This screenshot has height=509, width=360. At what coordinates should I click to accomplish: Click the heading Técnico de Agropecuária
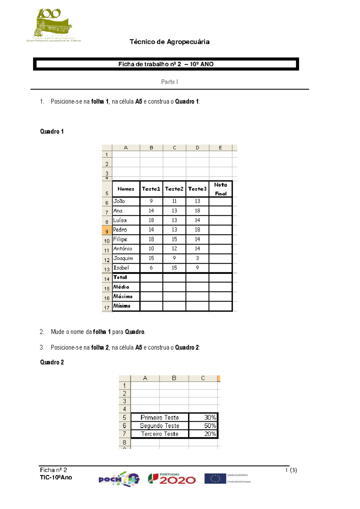click(169, 42)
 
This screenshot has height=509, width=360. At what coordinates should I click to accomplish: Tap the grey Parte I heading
click(169, 82)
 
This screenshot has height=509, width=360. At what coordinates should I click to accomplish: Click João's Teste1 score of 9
click(151, 201)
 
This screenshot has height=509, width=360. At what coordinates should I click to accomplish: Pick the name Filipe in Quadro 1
click(120, 239)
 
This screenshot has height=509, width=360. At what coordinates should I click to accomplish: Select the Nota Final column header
click(220, 189)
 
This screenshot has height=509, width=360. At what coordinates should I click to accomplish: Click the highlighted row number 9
click(107, 231)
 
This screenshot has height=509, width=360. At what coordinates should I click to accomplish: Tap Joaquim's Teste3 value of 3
click(197, 258)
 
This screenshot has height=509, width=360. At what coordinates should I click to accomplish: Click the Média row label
click(121, 287)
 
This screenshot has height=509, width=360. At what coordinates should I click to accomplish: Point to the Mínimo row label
click(122, 306)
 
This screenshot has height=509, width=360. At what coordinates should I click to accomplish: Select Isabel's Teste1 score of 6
click(151, 268)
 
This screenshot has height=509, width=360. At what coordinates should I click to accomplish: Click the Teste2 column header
click(174, 189)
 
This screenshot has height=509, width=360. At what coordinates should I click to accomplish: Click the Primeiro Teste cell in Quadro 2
click(160, 417)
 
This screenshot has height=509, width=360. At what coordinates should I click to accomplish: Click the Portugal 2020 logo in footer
click(172, 479)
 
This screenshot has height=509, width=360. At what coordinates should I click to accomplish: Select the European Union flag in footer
click(215, 478)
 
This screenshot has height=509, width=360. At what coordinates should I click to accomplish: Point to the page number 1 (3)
click(291, 470)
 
